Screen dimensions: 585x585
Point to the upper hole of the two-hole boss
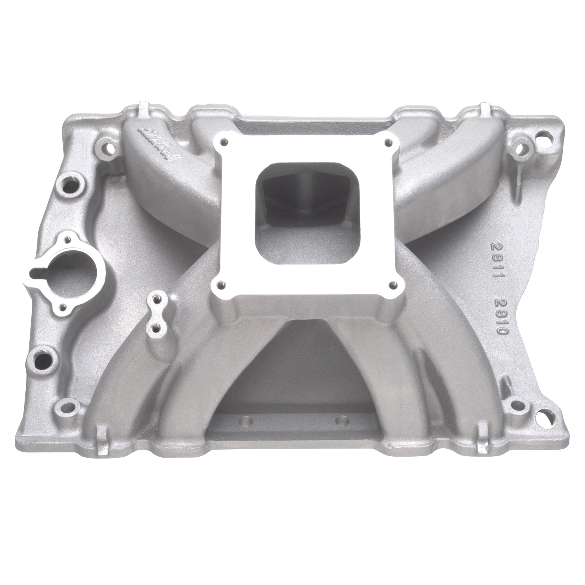pos(157,300)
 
